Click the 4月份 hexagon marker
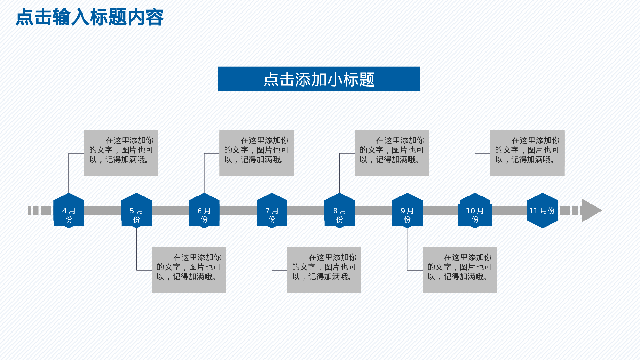[69, 211]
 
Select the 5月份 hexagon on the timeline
[137, 211]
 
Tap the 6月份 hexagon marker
[204, 211]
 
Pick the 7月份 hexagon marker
[272, 211]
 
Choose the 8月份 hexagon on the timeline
[340, 211]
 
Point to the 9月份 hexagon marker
[407, 211]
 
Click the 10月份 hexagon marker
[475, 211]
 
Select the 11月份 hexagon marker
[542, 211]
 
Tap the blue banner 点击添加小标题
[319, 79]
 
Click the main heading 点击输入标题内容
[90, 17]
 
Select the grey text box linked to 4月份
[121, 153]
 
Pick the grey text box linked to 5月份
[189, 270]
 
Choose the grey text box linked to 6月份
[256, 153]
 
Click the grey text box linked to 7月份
[324, 270]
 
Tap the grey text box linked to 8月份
[392, 153]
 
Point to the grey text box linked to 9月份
[459, 270]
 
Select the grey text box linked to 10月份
[527, 153]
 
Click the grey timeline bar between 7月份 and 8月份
[306, 210]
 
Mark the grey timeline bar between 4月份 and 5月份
[103, 210]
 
